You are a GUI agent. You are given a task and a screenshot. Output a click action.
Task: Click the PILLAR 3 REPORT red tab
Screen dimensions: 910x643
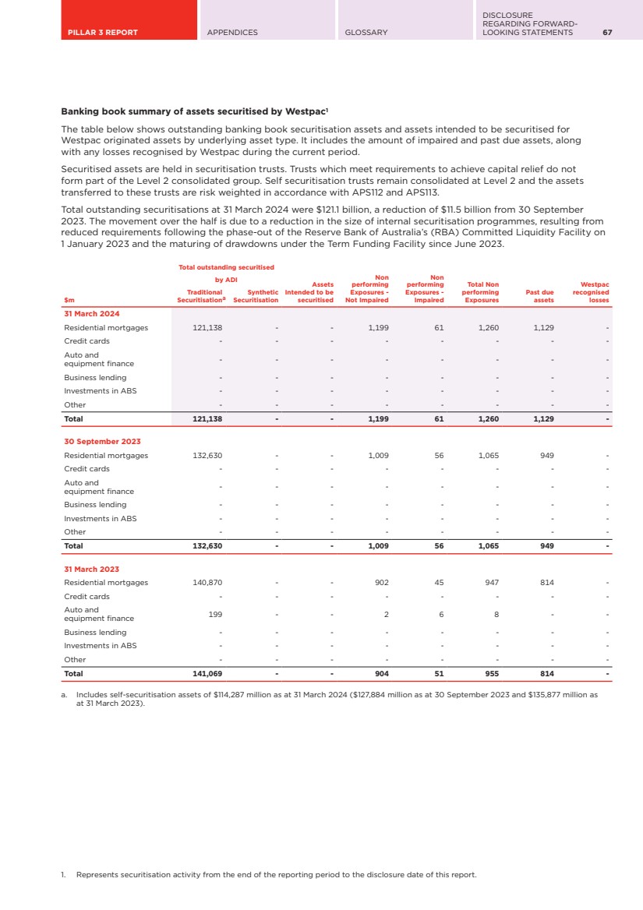(101, 33)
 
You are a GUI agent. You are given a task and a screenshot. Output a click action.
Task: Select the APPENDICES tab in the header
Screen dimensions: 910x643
(232, 33)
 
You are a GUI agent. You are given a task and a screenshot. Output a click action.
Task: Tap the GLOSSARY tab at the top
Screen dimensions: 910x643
(366, 33)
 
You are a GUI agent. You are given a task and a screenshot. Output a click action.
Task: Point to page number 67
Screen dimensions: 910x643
(606, 33)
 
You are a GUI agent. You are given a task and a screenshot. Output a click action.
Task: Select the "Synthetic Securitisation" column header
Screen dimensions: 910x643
(256, 296)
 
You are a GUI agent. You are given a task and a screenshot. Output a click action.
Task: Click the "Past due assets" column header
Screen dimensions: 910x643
(540, 296)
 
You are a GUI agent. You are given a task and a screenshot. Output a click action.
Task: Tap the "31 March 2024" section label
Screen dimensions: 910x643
(92, 314)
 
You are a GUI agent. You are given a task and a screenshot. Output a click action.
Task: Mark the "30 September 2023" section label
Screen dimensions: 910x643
(102, 442)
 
